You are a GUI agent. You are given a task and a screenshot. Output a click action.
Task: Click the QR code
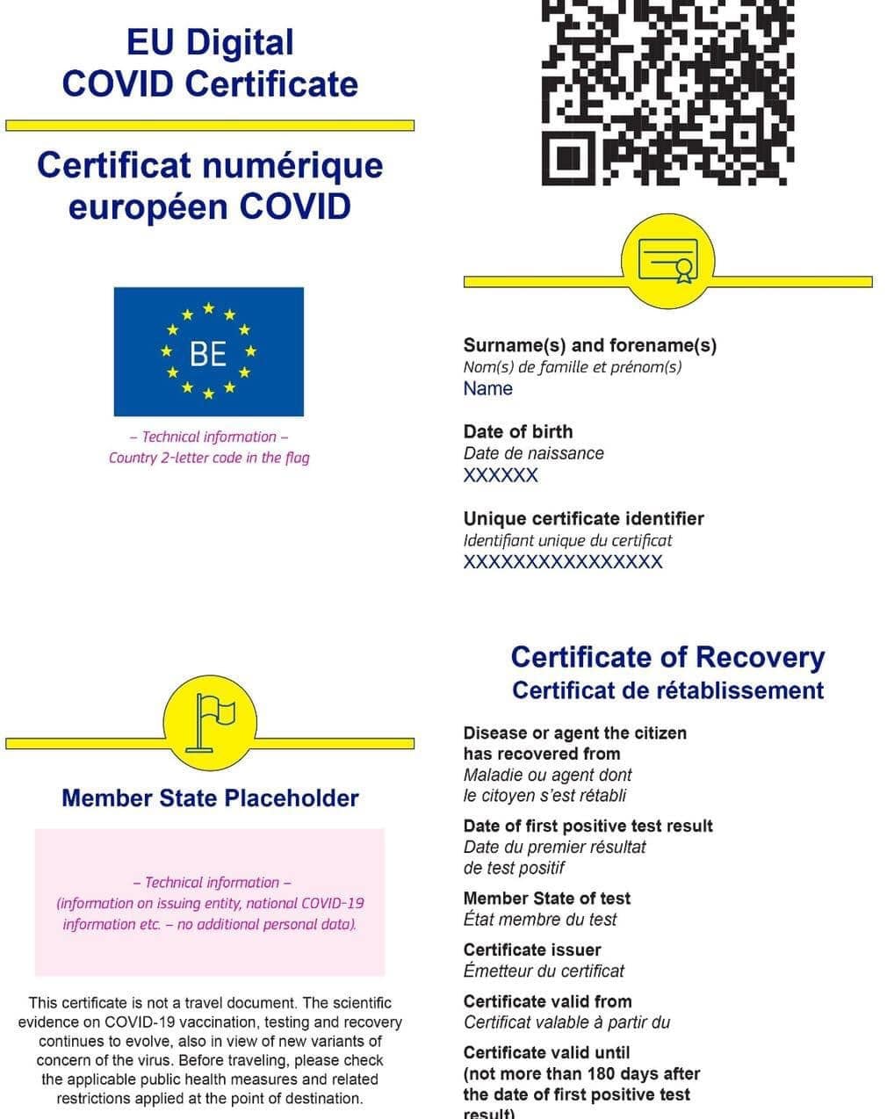point(667,91)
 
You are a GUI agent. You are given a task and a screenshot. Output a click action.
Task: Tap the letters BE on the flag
point(208,353)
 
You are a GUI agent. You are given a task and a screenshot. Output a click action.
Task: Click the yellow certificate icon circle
point(667,262)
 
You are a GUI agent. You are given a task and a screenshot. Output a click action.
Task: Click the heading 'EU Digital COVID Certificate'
point(210,63)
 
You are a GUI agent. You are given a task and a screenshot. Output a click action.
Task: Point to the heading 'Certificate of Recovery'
point(667,657)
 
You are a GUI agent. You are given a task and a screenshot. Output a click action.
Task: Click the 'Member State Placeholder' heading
point(210,798)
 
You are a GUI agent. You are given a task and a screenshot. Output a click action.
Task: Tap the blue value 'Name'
point(488,388)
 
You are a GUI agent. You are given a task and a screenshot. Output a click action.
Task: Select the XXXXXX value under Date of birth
point(501,475)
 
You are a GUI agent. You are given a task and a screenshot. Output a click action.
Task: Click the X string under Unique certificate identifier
point(563,562)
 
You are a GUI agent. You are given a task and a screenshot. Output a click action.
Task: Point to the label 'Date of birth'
point(518,431)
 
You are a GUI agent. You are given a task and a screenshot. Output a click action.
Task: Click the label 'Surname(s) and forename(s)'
point(590,345)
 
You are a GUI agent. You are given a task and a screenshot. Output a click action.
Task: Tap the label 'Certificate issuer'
point(532,949)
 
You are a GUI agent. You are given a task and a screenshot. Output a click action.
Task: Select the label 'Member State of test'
point(547,898)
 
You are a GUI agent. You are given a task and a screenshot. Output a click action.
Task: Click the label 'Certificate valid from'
point(548,1001)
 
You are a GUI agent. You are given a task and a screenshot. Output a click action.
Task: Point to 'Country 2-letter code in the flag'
point(209,458)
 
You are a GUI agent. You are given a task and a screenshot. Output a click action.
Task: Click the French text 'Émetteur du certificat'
point(544,971)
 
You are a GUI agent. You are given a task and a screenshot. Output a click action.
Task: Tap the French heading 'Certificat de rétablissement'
point(667,690)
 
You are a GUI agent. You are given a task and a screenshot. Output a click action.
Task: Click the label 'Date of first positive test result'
point(588,826)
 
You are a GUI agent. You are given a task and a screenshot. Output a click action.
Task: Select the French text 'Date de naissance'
point(534,453)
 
